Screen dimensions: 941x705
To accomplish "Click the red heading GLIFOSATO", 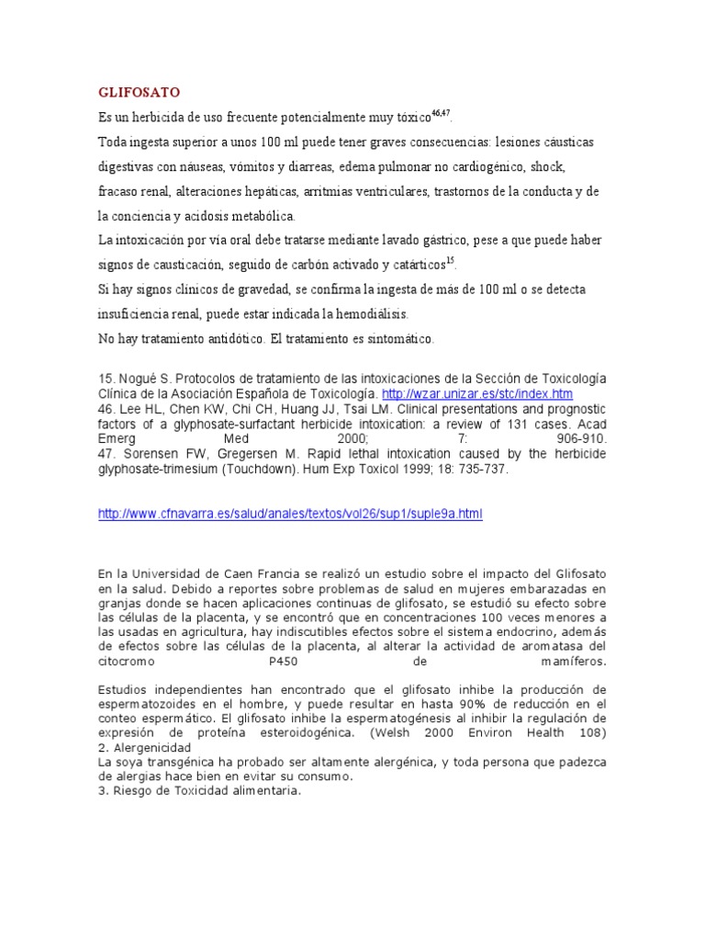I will pyautogui.click(x=139, y=93).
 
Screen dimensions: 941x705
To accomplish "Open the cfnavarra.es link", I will pyautogui.click(x=289, y=514).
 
